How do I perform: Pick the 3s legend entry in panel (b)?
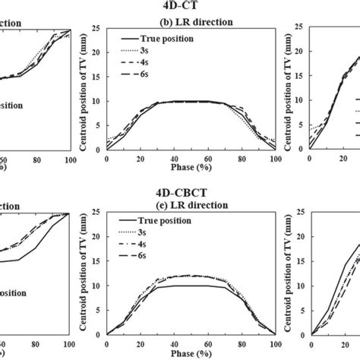click(149, 49)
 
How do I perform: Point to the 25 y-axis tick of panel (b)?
click(99, 30)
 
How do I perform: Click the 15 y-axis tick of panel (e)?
click(99, 263)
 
